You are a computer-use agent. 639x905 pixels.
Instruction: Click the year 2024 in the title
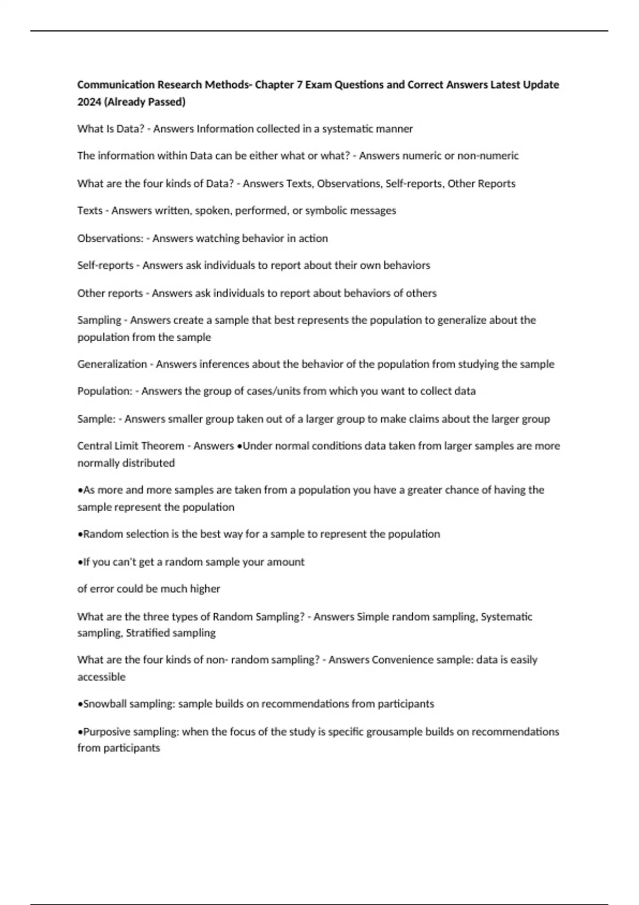pos(89,102)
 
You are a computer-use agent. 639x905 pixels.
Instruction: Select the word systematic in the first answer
pos(348,129)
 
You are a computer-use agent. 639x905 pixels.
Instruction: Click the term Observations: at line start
pos(110,238)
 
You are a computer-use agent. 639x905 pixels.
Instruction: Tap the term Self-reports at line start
pos(105,266)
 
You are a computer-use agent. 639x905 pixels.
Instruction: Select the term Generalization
pos(112,365)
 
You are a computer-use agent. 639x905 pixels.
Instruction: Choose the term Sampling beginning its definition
pos(99,320)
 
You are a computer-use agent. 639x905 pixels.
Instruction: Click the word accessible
pos(101,677)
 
